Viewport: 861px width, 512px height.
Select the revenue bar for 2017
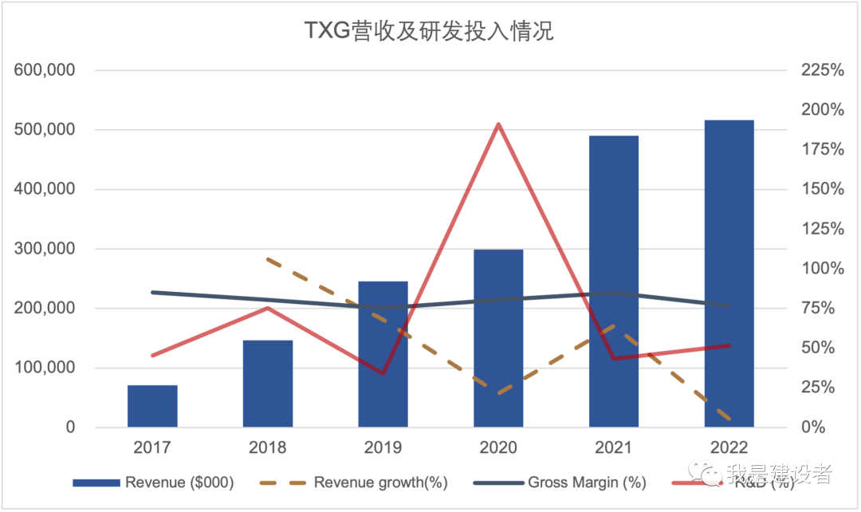click(152, 406)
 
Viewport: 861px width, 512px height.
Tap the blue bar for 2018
click(268, 384)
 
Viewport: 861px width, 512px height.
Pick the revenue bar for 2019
click(383, 354)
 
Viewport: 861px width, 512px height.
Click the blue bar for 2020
click(498, 338)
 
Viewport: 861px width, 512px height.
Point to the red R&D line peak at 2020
click(498, 124)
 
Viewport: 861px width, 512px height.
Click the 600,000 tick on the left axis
click(45, 70)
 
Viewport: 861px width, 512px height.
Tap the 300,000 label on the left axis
click(45, 249)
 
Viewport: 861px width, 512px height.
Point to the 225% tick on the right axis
click(822, 70)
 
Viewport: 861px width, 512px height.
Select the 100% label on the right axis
click(822, 269)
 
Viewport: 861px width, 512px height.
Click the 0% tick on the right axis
click(815, 427)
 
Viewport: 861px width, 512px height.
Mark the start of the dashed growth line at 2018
click(268, 259)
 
